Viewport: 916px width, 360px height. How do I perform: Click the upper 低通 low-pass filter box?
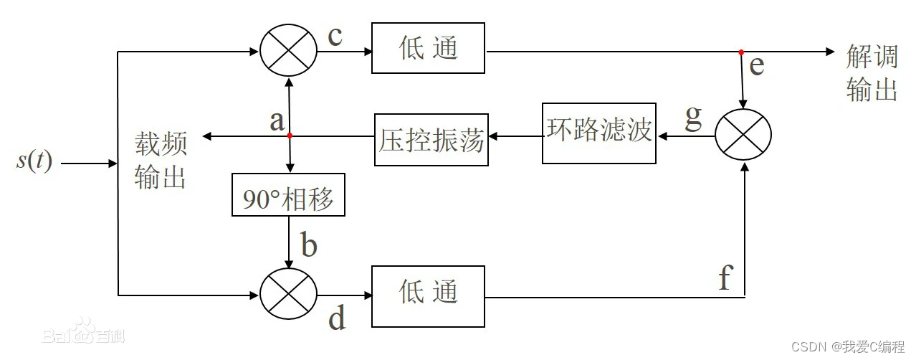point(428,48)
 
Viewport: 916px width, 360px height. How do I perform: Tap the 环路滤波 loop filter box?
point(598,133)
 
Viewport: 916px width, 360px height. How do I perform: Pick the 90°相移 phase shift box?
point(288,195)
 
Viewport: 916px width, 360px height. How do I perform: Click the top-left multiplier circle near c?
point(288,52)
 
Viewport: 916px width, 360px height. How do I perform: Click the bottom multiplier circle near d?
point(288,295)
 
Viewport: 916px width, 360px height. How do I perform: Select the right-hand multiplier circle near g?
point(743,134)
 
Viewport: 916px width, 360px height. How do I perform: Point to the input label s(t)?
point(34,161)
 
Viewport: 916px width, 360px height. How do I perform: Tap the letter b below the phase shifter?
point(308,245)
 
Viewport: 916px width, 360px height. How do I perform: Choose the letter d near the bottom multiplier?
point(337,318)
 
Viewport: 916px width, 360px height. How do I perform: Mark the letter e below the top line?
point(757,67)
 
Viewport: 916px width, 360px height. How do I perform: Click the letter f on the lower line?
point(725,278)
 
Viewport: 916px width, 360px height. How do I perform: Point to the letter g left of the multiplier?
point(693,119)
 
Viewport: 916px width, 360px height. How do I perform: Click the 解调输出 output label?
point(872,73)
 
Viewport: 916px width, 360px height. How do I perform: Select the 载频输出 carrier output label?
point(161,161)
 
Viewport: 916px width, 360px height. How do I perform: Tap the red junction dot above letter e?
point(742,52)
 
